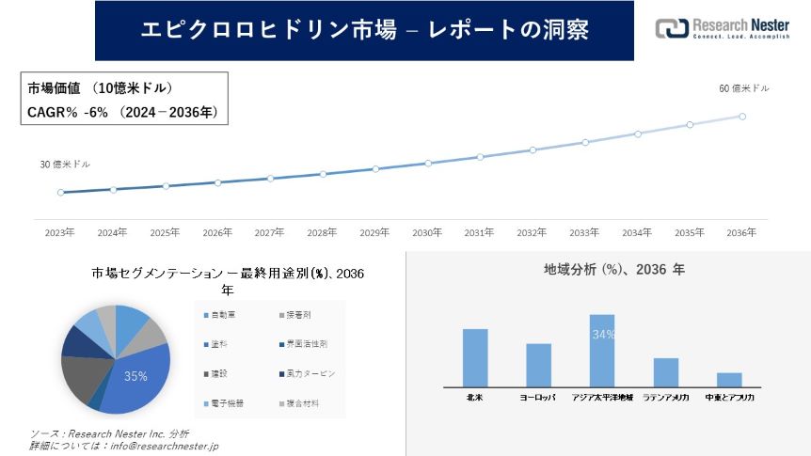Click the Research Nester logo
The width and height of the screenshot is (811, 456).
(723, 28)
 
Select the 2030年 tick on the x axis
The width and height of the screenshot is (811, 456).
(427, 231)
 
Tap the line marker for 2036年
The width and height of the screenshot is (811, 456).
(742, 117)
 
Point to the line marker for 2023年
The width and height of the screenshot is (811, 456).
(60, 193)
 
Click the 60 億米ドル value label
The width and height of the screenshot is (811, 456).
(743, 88)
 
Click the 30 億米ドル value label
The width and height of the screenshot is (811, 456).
(65, 165)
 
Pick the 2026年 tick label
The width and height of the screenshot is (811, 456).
(217, 231)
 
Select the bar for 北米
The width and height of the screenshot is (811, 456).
(475, 357)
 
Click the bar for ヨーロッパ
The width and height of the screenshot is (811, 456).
(538, 365)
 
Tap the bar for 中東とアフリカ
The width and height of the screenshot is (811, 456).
(729, 379)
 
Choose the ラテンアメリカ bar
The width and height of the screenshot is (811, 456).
(666, 371)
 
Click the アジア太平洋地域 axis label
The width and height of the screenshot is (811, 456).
(602, 398)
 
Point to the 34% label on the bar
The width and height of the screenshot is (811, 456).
(603, 334)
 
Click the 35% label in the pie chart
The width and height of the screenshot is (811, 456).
(135, 376)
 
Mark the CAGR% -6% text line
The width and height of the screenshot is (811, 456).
(122, 112)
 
